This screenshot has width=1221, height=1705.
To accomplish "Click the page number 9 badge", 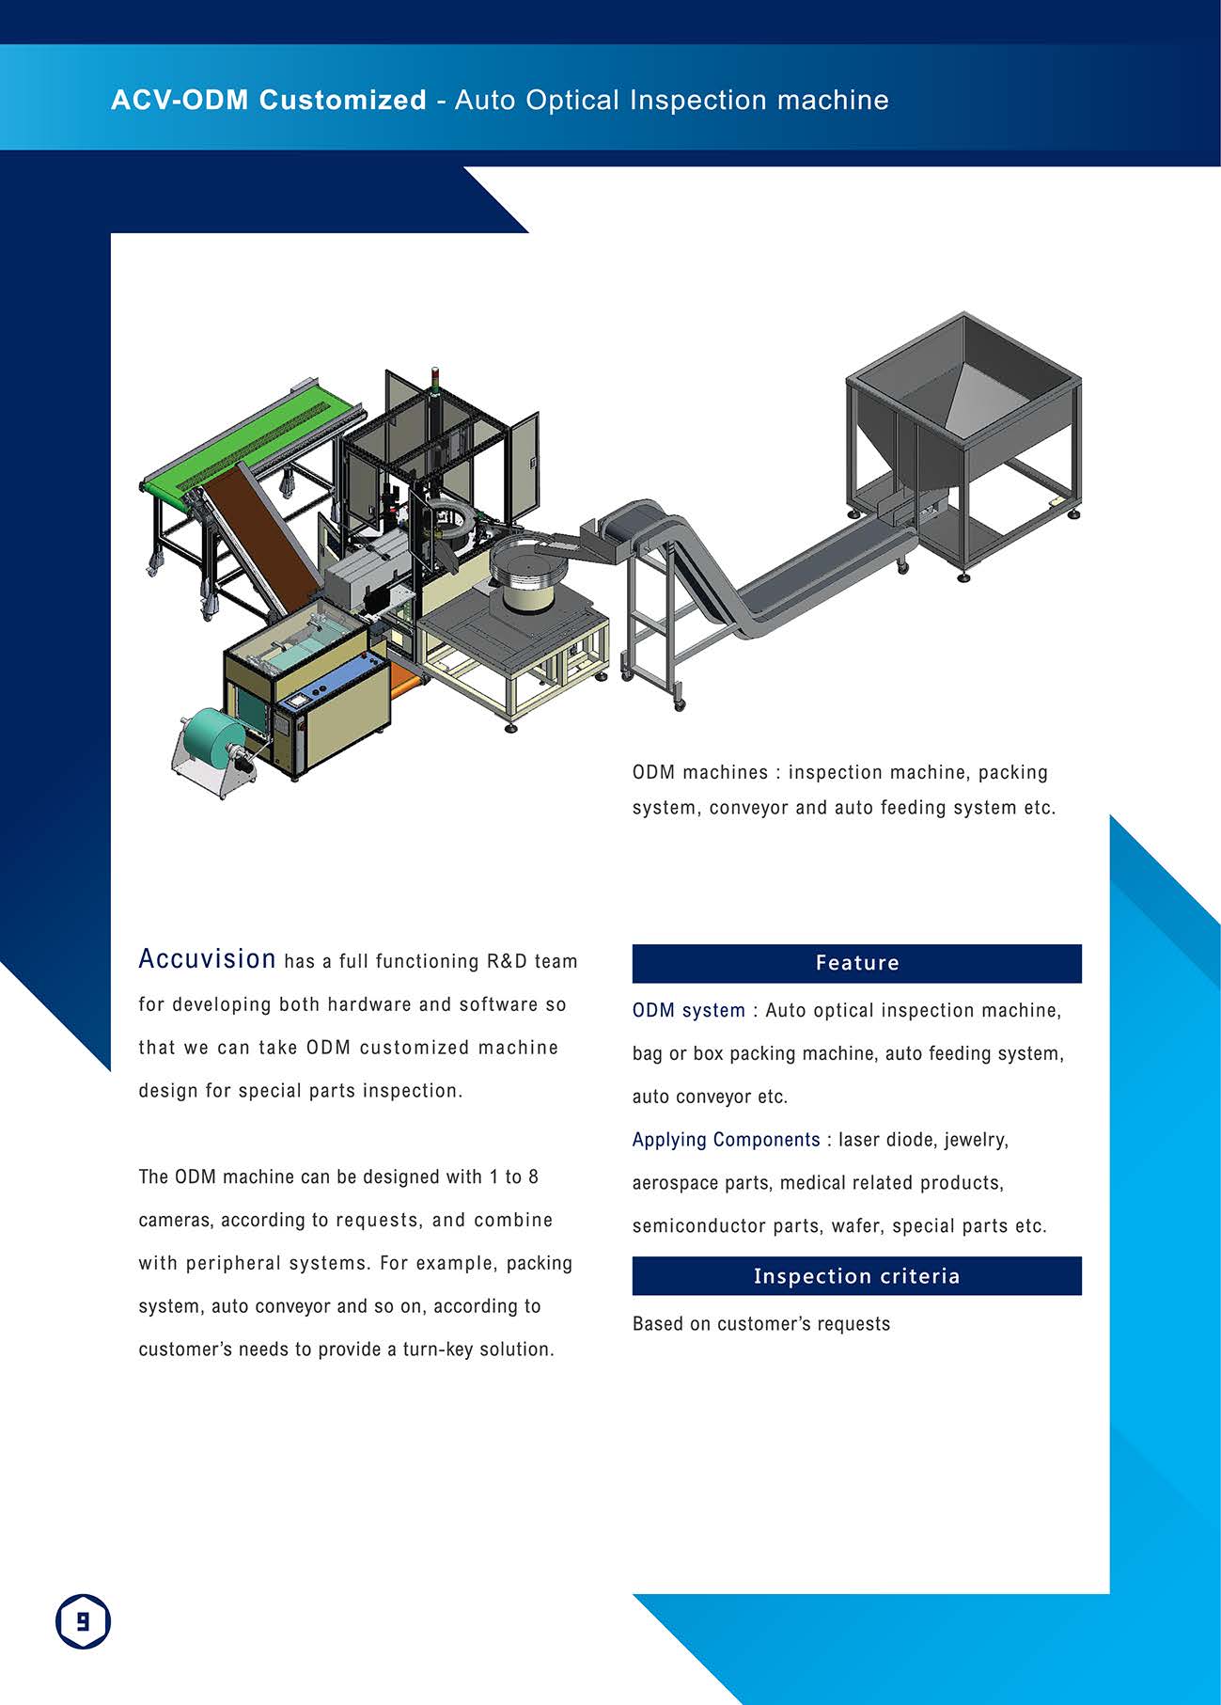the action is coord(83,1621).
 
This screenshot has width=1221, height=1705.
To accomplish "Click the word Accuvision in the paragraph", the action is coord(207,958).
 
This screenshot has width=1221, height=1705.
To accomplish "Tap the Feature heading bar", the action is coord(856,963).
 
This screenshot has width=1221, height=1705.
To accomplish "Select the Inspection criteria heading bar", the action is coord(856,1276).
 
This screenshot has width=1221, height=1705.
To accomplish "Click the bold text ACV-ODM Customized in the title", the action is coord(269,100).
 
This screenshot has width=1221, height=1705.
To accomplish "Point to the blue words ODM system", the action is coord(688,1011).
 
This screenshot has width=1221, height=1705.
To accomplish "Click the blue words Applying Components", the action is coord(726,1140).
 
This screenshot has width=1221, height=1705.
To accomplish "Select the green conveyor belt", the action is coord(251,442).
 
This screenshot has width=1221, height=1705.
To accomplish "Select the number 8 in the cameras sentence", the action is coord(533,1176).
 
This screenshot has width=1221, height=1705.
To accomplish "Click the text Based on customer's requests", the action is coord(761,1324).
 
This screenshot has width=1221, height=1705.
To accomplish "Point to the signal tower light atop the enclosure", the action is coord(434,379).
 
